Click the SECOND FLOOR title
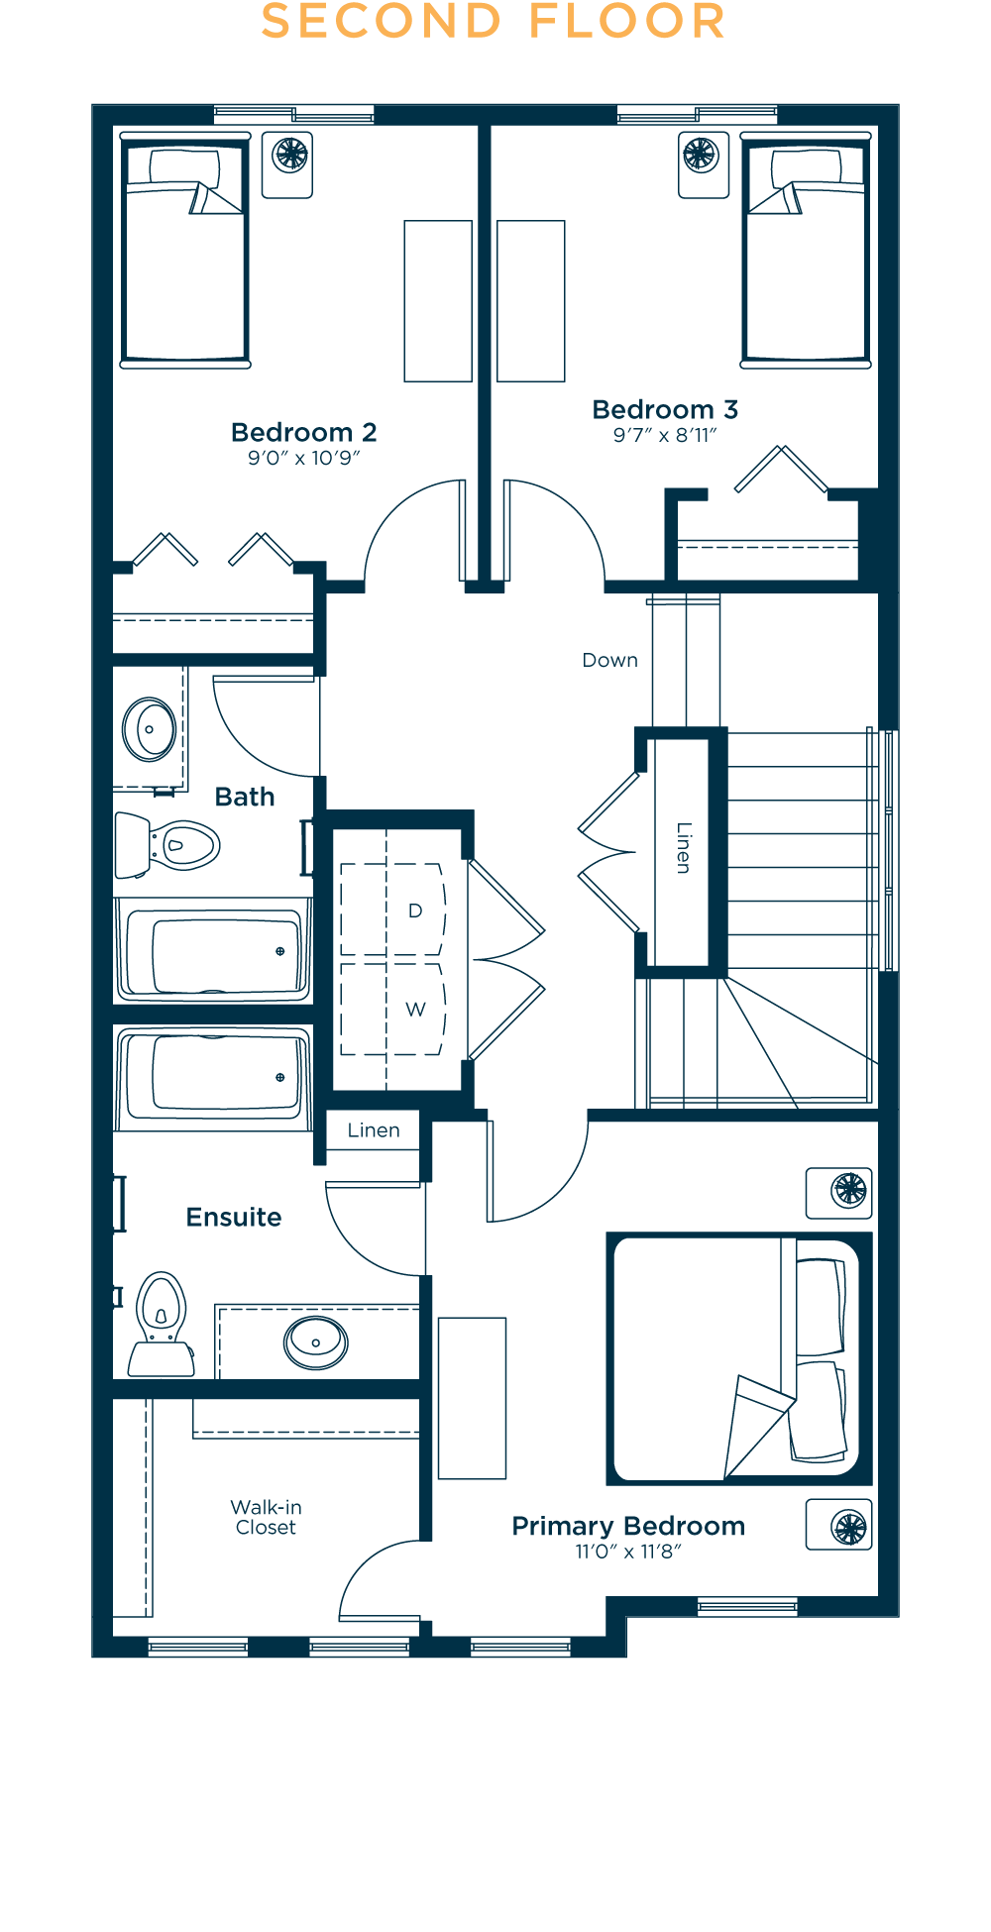click(493, 22)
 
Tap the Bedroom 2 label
click(303, 433)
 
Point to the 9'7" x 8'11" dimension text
click(665, 435)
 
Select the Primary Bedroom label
click(628, 1527)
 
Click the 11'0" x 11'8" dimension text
click(628, 1552)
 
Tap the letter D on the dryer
click(415, 911)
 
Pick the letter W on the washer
click(415, 1010)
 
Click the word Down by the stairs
click(610, 661)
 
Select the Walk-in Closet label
click(266, 1517)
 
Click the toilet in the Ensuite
click(162, 1324)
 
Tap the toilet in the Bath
click(166, 845)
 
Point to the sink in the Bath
click(150, 729)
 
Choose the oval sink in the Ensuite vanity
click(316, 1342)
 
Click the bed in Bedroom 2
click(185, 251)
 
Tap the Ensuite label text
click(234, 1218)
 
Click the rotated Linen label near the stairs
click(684, 848)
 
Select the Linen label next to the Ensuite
click(374, 1130)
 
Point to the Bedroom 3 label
click(665, 410)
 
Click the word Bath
click(245, 798)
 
